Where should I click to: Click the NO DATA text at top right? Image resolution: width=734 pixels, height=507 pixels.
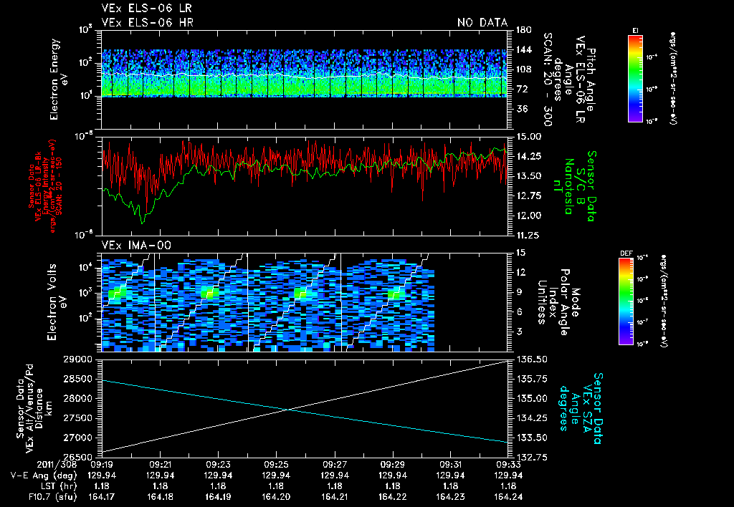pyautogui.click(x=482, y=23)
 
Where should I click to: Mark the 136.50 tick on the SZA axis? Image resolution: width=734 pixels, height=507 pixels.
pyautogui.click(x=531, y=359)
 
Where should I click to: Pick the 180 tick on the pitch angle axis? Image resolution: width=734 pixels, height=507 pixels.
pyautogui.click(x=522, y=30)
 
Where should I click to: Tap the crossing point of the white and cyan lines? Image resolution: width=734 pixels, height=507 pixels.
pyautogui.click(x=288, y=409)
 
